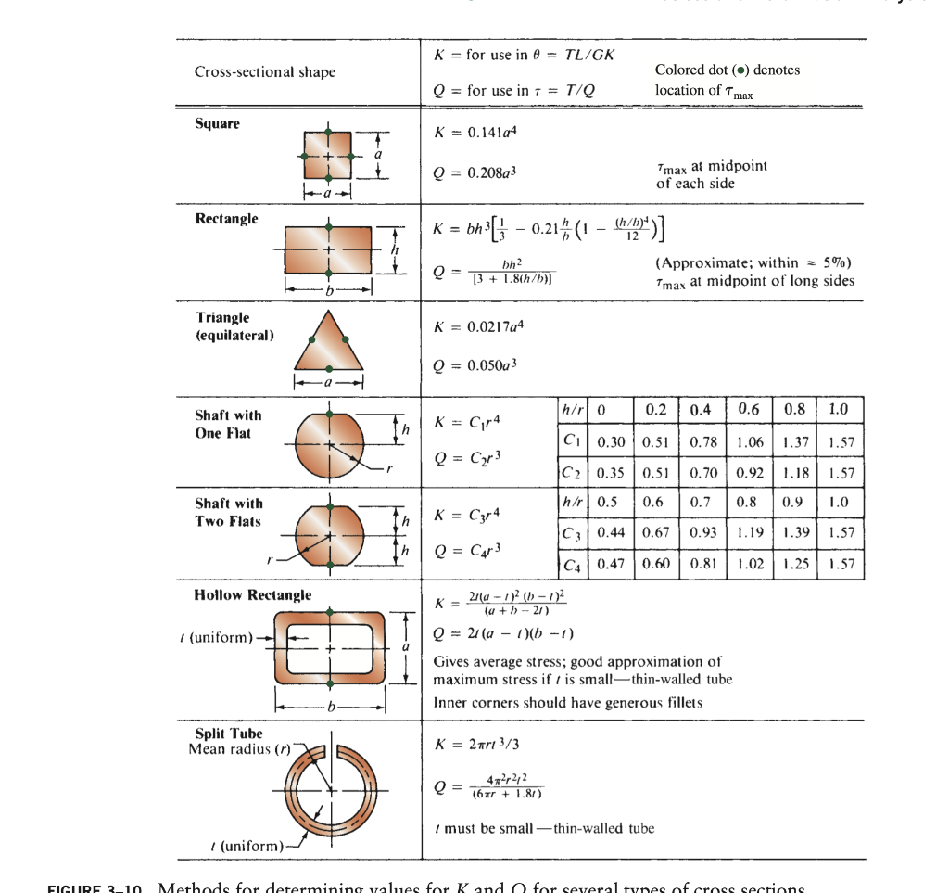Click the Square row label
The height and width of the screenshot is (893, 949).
217,124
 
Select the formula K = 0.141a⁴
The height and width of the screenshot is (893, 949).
474,133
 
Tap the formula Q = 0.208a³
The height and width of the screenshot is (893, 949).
474,173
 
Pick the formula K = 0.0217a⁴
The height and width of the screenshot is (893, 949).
477,327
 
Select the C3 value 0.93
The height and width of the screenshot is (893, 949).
702,533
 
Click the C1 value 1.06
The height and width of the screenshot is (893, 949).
749,442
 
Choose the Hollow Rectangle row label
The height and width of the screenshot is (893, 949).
252,595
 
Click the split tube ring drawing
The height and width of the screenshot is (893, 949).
330,788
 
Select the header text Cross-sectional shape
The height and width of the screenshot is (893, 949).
264,72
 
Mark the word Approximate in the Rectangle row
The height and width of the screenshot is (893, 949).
695,264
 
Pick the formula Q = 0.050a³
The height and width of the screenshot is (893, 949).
474,364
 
